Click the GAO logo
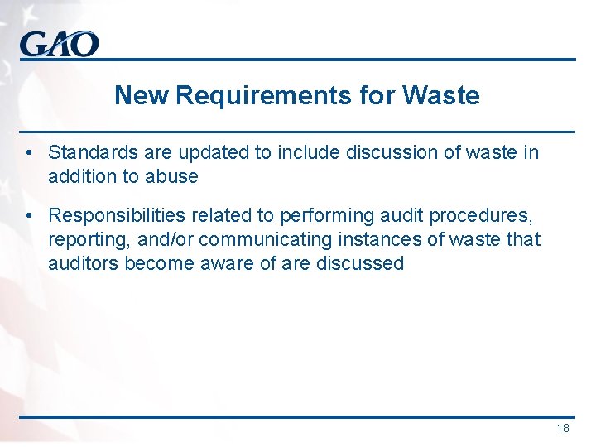60,43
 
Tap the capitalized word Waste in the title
440,95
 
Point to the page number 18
563,428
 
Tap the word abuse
172,175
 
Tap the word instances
370,240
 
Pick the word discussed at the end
360,264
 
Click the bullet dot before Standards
29,152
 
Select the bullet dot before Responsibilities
29,216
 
